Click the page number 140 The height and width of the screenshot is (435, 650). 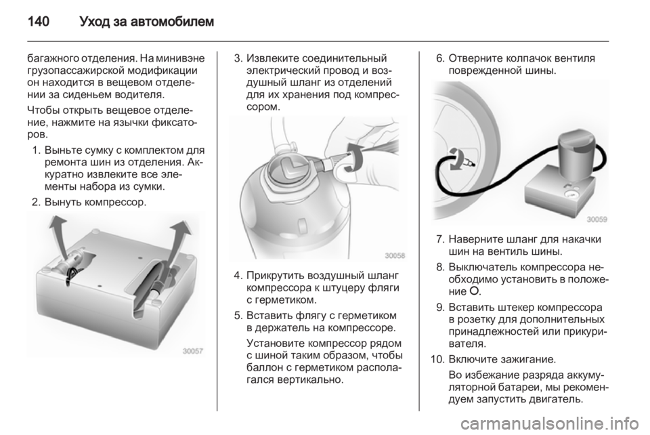[x=39, y=21]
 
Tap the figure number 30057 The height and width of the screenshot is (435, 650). [x=193, y=351]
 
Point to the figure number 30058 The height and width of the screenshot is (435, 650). [x=395, y=255]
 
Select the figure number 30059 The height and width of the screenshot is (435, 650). [x=597, y=219]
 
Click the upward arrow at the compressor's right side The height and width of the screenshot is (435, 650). [x=179, y=241]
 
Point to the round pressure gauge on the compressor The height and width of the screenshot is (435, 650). [x=571, y=193]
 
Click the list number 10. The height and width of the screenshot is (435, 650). [x=437, y=358]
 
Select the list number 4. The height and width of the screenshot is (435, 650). [x=238, y=276]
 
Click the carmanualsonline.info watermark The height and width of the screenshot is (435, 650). [x=552, y=424]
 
